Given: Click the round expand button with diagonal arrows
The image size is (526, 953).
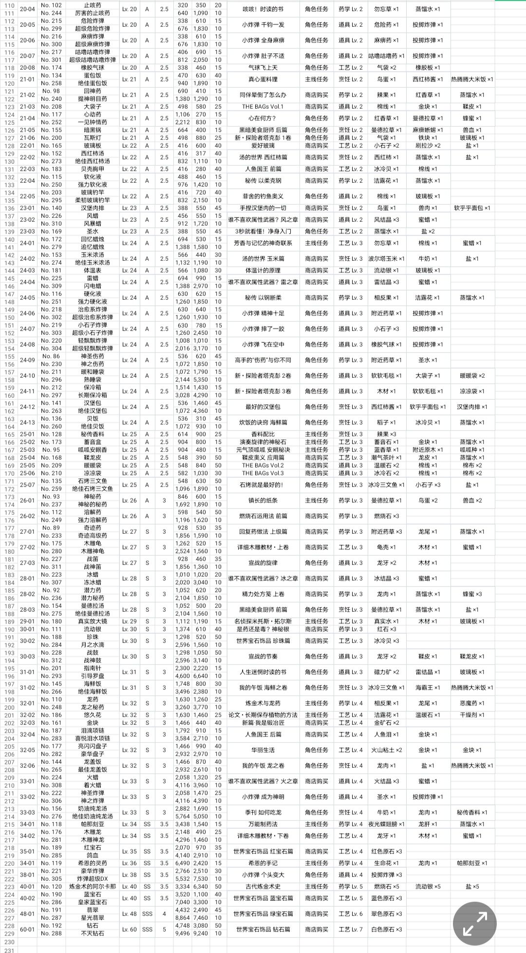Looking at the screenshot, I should pos(474,923).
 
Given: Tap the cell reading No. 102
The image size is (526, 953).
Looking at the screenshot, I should pos(51,5).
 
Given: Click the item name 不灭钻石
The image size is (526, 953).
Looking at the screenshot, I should pos(93,933).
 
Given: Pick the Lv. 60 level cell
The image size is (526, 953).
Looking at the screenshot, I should pos(130,929).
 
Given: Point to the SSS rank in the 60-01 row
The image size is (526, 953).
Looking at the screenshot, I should pos(147,929).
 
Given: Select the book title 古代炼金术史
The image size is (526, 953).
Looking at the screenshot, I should pos(263,886).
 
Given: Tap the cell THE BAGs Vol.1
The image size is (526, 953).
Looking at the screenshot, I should pos(263,106).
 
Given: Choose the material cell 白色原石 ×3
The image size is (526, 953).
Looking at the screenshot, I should pos(386,929).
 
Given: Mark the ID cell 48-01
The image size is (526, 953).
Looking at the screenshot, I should pos(27,914).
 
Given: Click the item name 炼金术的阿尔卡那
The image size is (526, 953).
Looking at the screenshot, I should pos(93,886).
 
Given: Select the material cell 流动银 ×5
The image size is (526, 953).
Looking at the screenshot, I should pos(428,886).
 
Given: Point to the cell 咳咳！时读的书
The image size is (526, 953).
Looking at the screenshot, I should pos(263,9).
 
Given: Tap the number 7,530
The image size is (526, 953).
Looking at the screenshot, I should pos(201,878).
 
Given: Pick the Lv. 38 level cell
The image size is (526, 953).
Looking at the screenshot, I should pos(130,875).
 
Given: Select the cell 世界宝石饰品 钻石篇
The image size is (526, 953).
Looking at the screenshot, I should pos(263,929).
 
